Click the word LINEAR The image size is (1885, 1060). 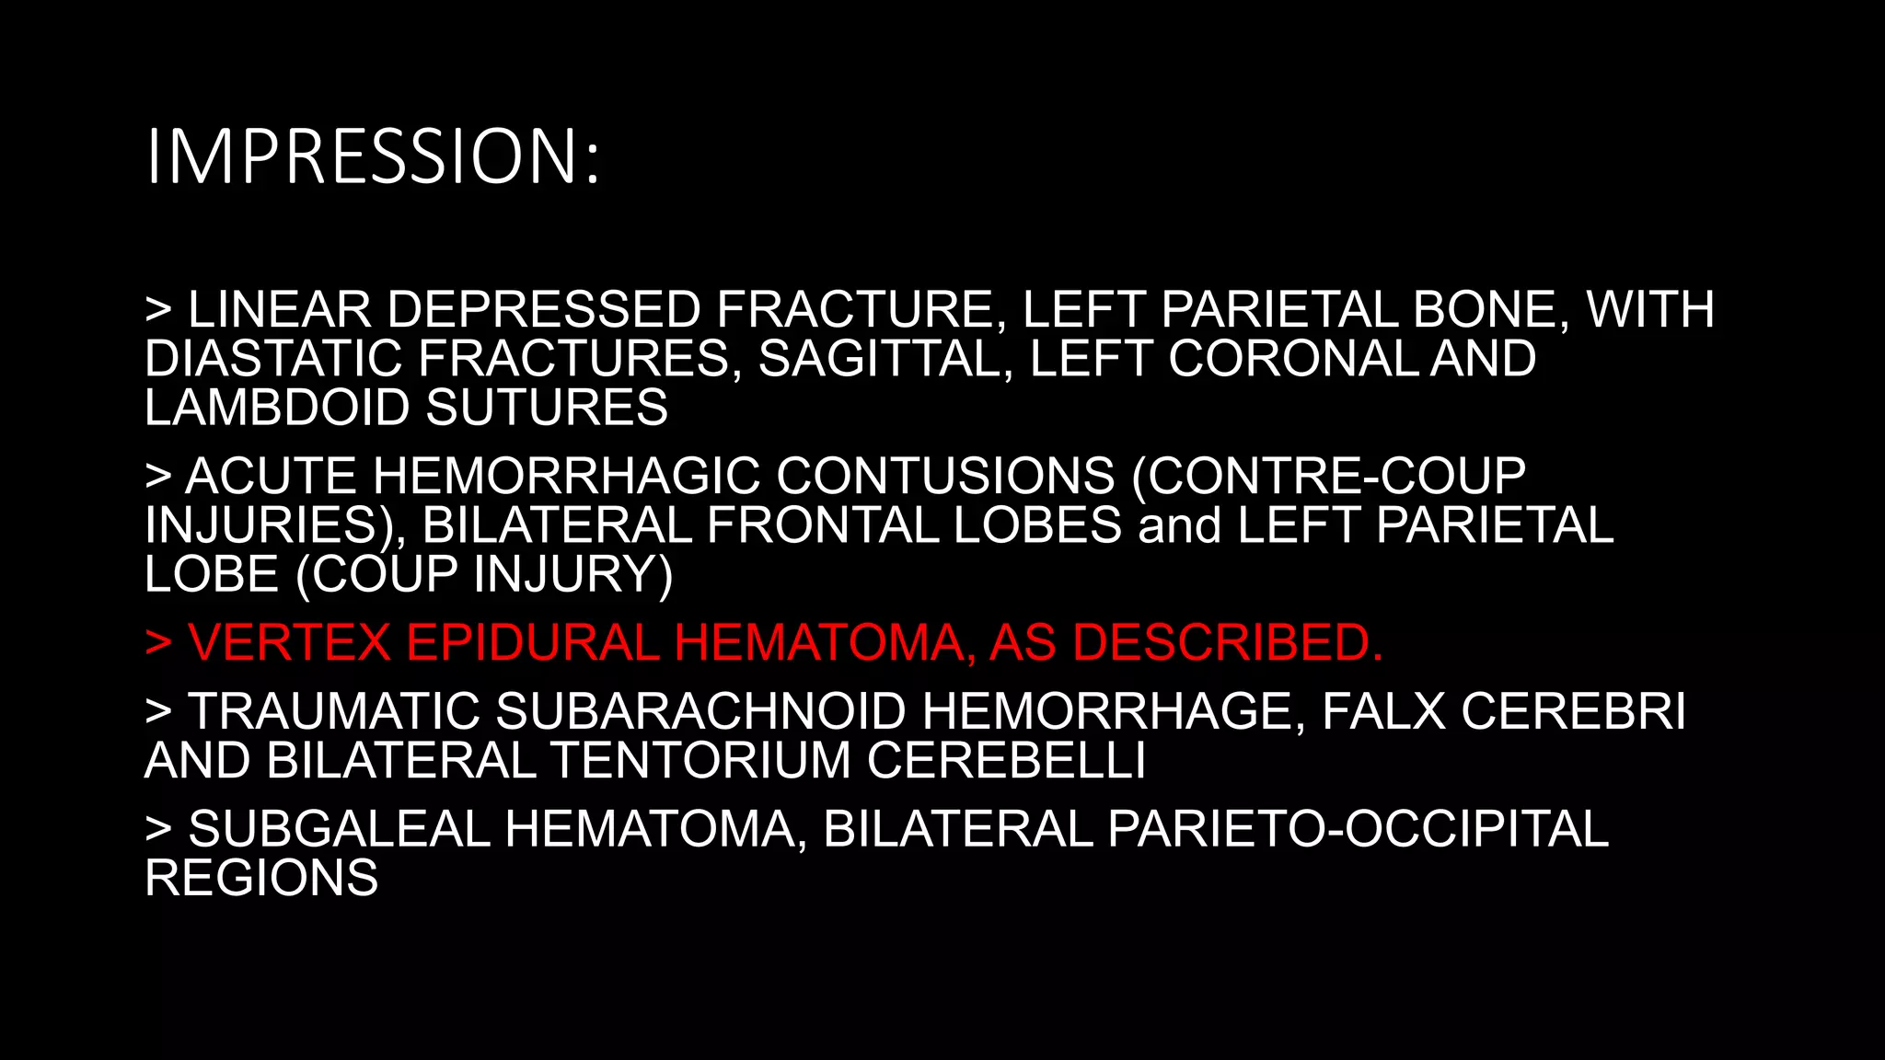point(280,309)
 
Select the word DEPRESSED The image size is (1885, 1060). point(544,309)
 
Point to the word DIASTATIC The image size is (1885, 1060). point(272,358)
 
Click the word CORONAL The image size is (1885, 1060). point(1294,358)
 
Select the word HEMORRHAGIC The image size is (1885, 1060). point(566,477)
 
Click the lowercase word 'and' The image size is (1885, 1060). point(1179,525)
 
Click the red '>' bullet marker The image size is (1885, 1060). point(158,642)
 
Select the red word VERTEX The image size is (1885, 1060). point(290,642)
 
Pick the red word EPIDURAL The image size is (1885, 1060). point(533,642)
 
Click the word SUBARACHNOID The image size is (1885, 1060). point(702,711)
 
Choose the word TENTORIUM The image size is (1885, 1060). point(700,761)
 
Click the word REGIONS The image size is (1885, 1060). point(261,878)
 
